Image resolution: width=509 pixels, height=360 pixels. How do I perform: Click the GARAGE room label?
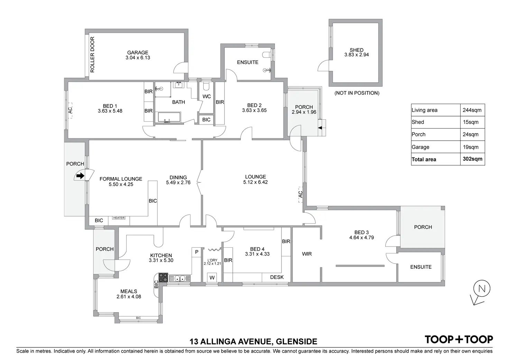(x=138, y=53)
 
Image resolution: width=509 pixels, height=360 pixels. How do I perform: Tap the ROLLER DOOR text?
(x=92, y=55)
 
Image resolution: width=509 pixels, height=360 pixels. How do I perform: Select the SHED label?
(x=357, y=50)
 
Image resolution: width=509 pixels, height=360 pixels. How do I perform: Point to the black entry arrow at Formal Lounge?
(x=80, y=176)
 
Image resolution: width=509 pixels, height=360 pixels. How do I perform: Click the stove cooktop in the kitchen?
(x=163, y=278)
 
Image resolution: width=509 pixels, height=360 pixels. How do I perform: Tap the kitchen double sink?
(x=179, y=278)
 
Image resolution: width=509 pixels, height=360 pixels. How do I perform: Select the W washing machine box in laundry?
(x=212, y=277)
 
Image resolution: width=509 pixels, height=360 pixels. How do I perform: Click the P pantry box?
(x=196, y=252)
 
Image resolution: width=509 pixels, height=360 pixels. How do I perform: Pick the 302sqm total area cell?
(x=472, y=159)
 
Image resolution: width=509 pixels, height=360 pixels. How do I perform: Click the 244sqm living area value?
(x=472, y=110)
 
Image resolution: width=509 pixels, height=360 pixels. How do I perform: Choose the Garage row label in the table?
(x=420, y=147)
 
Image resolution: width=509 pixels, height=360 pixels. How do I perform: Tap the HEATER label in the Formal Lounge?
(x=119, y=218)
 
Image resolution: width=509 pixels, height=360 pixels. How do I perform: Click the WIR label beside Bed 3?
(x=307, y=254)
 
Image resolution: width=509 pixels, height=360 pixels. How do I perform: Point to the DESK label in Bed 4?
(x=277, y=277)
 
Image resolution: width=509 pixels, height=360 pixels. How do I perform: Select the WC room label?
(x=206, y=96)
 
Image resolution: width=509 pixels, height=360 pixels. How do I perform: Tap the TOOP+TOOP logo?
(x=459, y=340)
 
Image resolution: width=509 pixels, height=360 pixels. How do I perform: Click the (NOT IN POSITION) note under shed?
(x=357, y=93)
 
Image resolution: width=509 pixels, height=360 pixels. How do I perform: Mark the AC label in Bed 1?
(x=70, y=110)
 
